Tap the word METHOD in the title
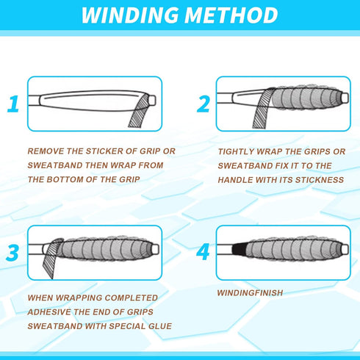pyautogui.click(x=231, y=15)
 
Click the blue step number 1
pyautogui.click(x=13, y=104)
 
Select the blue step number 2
pyautogui.click(x=204, y=104)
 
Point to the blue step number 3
pyautogui.click(x=12, y=252)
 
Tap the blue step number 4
pyautogui.click(x=203, y=252)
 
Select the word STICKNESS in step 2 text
pyautogui.click(x=320, y=180)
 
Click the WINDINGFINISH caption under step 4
pyautogui.click(x=250, y=293)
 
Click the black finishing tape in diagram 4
pyautogui.click(x=239, y=250)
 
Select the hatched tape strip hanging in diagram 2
pyautogui.click(x=262, y=109)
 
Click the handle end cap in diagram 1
pyautogui.click(x=152, y=101)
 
